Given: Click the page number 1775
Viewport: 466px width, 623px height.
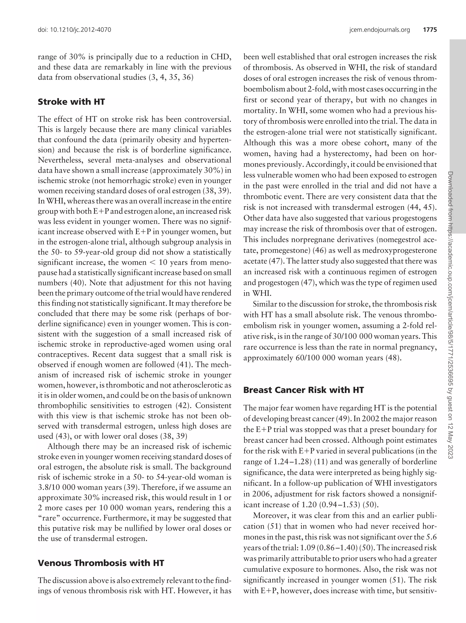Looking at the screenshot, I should [x=430, y=30].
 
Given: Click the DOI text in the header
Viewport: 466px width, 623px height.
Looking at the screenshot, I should [x=74, y=30].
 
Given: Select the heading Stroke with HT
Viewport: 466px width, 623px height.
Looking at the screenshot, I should [x=71, y=102].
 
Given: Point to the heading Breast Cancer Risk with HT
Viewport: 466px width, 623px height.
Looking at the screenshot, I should [x=304, y=390].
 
